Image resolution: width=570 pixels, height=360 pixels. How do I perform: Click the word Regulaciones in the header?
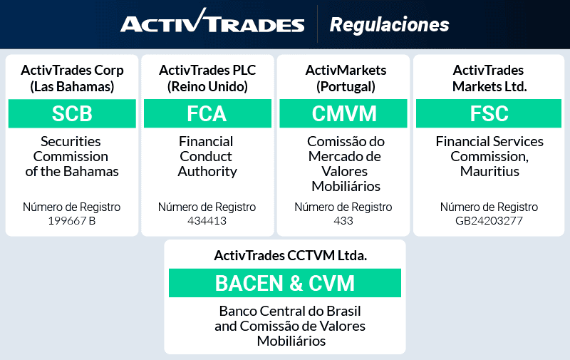tap(389, 25)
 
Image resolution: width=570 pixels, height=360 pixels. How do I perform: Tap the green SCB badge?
tap(72, 114)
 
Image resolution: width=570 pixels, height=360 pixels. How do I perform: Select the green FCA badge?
tap(207, 114)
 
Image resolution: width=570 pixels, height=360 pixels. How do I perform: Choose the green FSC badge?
tap(489, 114)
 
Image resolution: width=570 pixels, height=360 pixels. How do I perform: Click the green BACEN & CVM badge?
tap(285, 283)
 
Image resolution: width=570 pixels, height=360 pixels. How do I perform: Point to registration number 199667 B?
tap(71, 221)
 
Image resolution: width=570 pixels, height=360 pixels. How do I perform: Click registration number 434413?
tap(207, 221)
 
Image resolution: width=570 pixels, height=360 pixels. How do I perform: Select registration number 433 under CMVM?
tap(343, 221)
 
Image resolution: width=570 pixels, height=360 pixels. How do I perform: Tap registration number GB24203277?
tap(489, 221)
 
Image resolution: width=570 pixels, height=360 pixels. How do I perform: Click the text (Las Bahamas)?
tap(72, 87)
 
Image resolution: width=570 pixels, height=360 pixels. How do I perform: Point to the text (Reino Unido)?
tap(207, 87)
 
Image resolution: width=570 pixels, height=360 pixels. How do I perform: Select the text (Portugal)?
tap(346, 87)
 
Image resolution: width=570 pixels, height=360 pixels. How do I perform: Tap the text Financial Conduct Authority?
tap(207, 156)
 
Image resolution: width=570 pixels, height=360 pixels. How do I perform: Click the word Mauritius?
tap(489, 172)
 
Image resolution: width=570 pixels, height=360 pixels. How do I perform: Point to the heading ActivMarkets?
tap(346, 70)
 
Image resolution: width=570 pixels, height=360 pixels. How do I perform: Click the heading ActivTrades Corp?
tap(72, 70)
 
